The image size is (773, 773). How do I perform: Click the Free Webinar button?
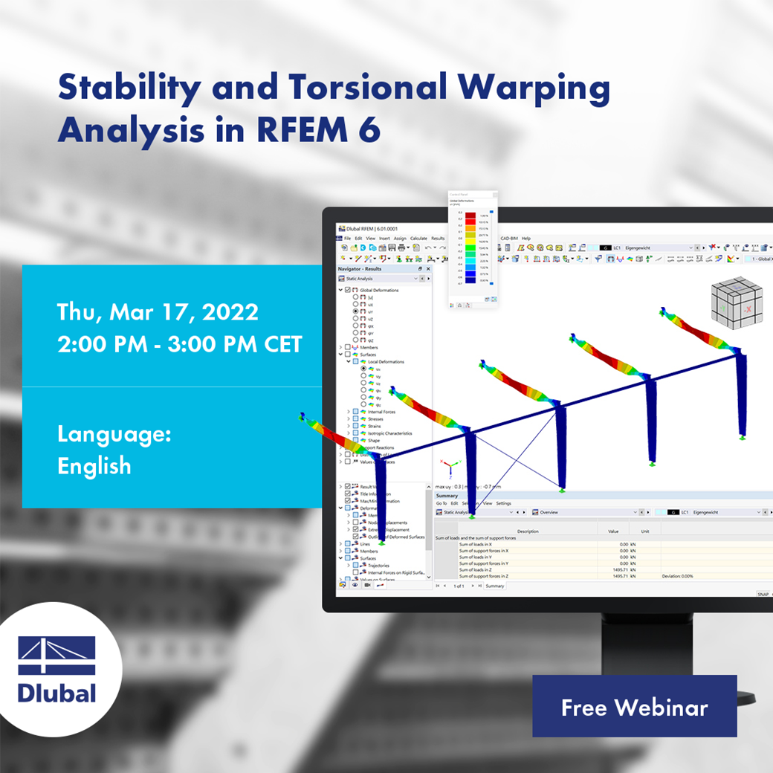click(634, 706)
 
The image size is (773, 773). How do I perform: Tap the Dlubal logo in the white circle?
click(57, 670)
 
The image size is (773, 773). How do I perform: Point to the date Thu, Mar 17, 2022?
click(158, 311)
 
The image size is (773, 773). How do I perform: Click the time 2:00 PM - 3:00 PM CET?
click(179, 344)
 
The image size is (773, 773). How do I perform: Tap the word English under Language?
click(94, 466)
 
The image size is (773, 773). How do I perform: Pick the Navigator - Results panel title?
click(360, 268)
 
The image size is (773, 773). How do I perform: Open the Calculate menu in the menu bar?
click(418, 239)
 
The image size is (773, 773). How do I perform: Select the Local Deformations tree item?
click(386, 362)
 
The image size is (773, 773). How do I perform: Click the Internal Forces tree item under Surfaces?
click(381, 412)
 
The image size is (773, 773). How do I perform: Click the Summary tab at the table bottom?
click(495, 586)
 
